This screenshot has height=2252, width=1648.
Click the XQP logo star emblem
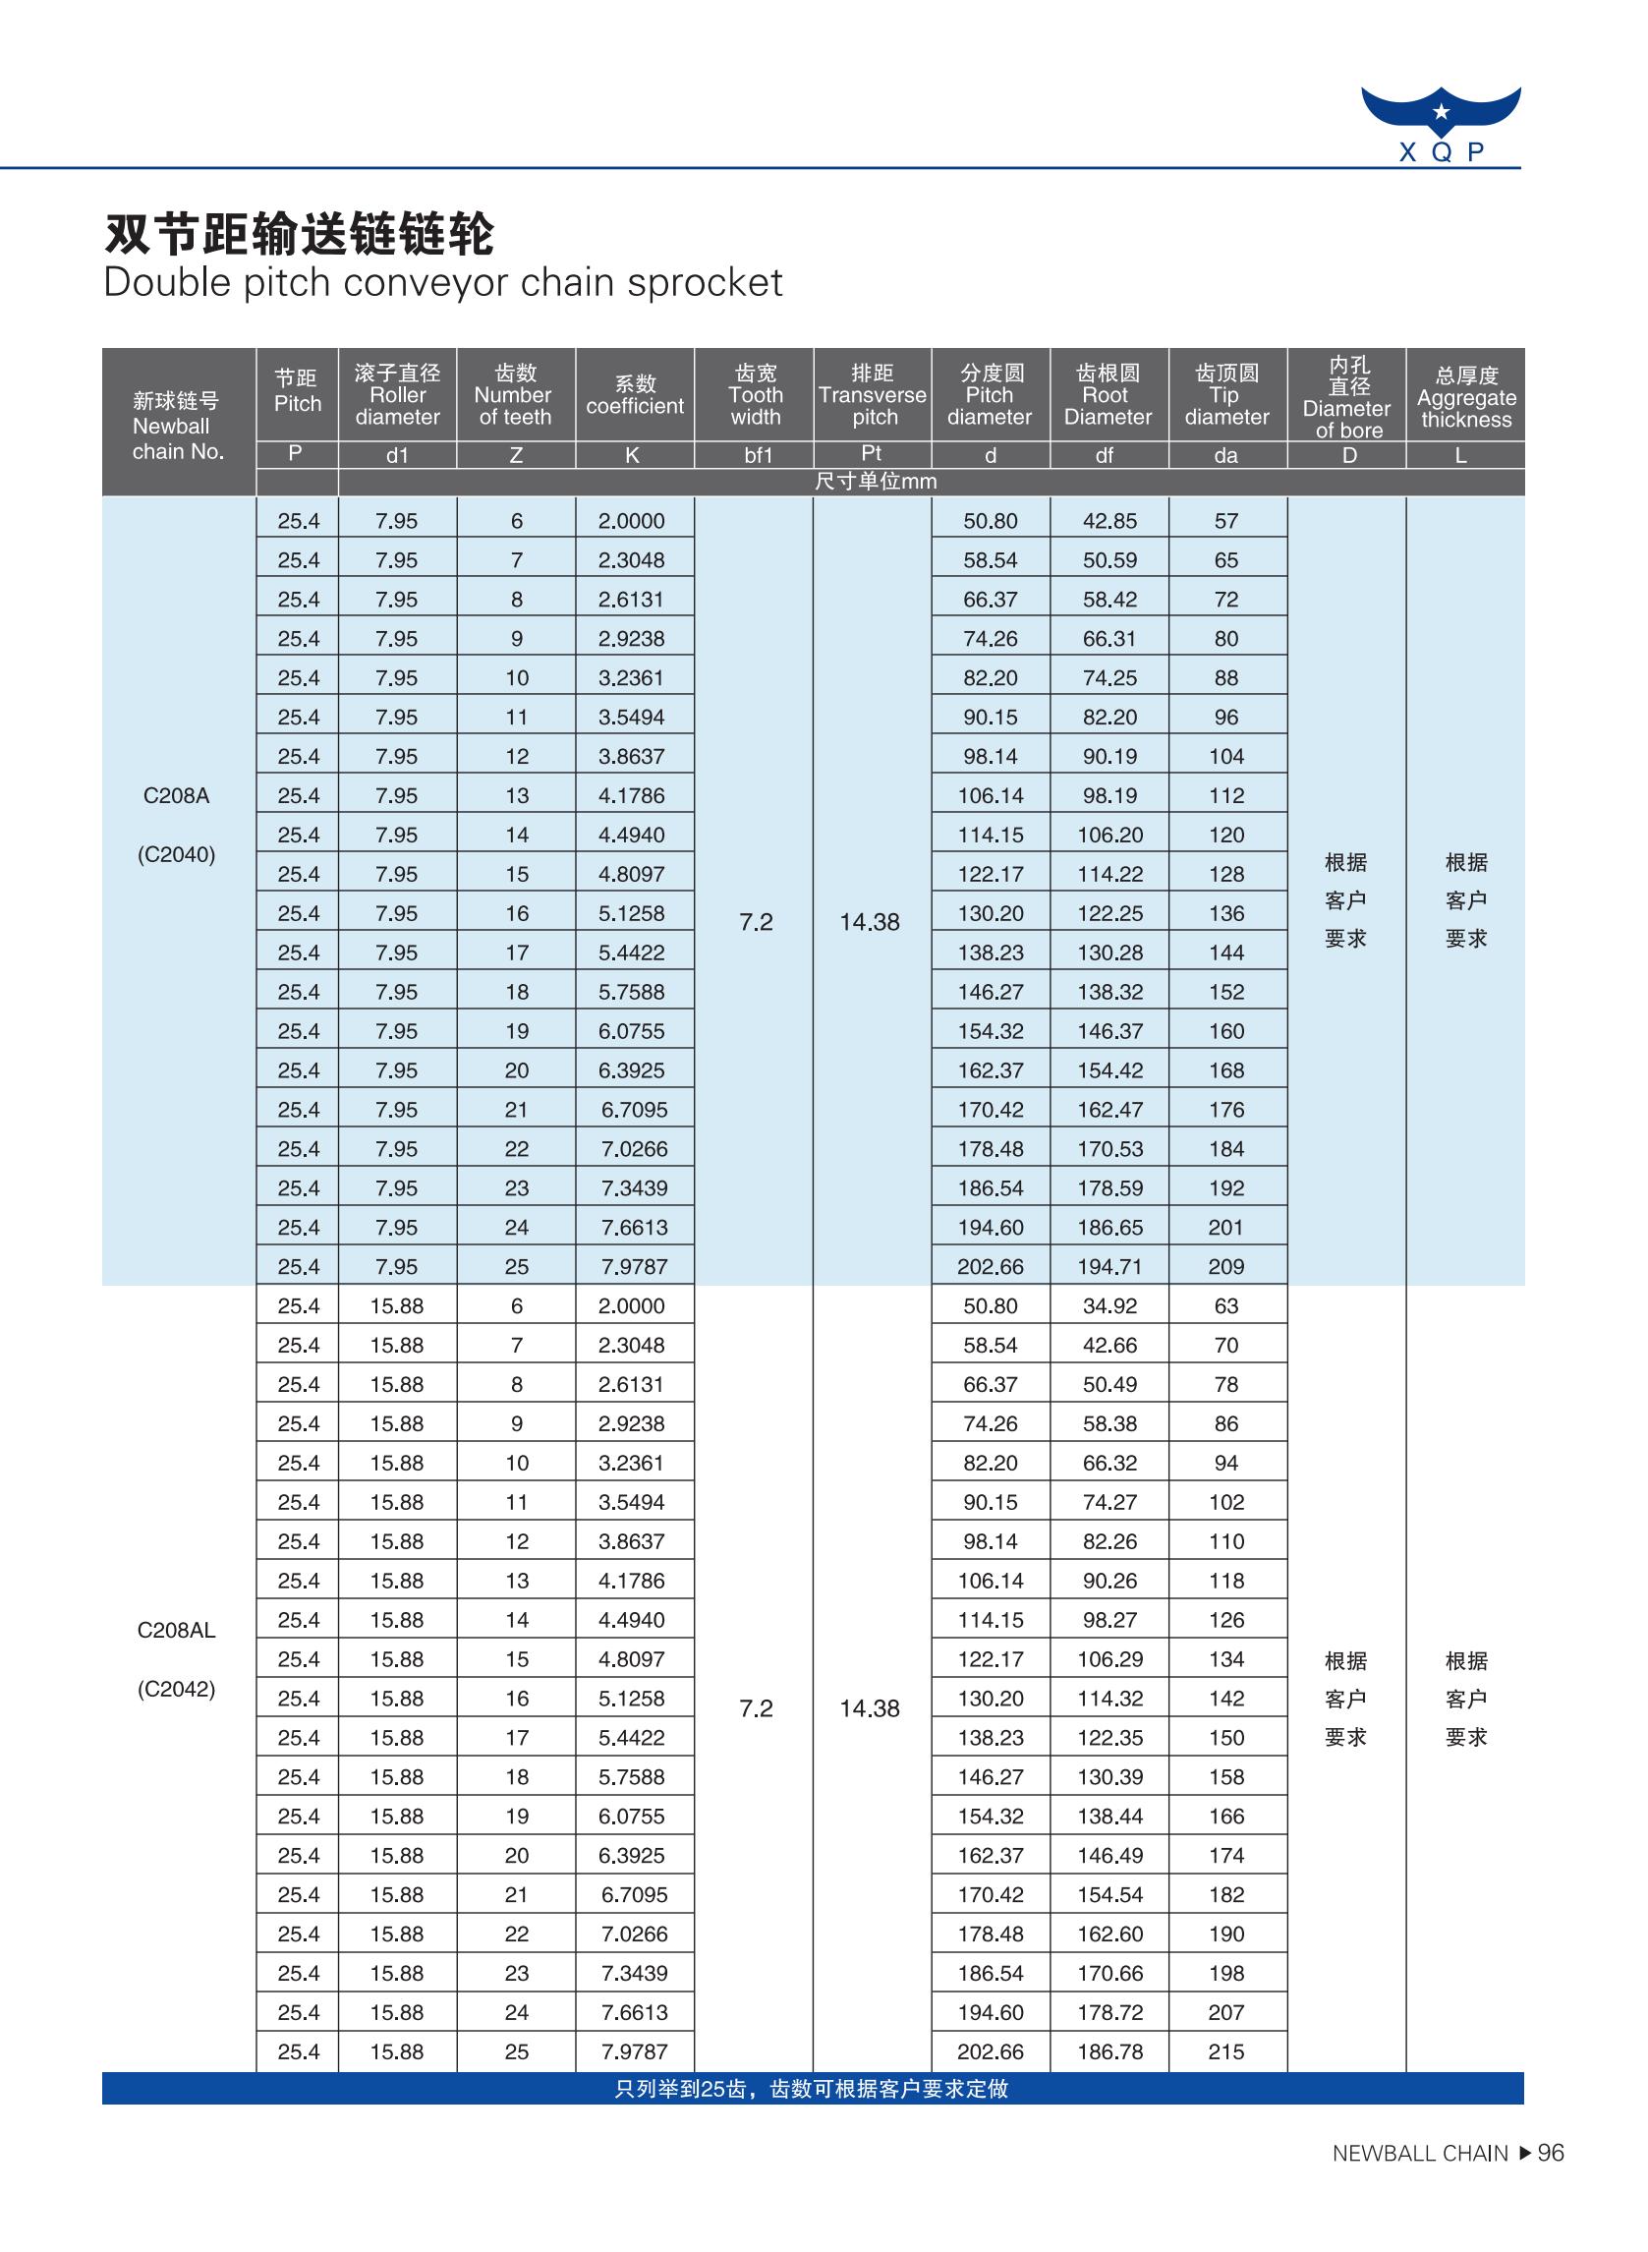tap(1441, 112)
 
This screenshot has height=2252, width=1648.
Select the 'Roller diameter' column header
tap(397, 395)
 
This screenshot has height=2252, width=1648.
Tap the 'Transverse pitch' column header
tap(872, 395)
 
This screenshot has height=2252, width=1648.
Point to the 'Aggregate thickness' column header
tap(1465, 397)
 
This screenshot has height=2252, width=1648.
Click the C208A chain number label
tap(177, 796)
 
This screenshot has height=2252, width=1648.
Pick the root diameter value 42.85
tap(1109, 521)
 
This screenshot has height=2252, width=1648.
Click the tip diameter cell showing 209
tap(1226, 1267)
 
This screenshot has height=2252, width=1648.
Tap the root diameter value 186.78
tap(1109, 2051)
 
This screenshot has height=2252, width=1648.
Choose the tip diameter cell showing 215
tap(1226, 2051)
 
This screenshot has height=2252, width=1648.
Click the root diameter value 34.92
tap(1109, 1306)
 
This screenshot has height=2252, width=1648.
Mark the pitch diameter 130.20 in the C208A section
tap(991, 914)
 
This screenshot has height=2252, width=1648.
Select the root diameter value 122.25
tap(1109, 914)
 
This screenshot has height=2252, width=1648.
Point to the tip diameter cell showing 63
tap(1226, 1306)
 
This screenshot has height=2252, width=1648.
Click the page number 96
tap(1552, 2154)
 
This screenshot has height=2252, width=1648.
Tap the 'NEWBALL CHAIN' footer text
tap(1420, 2155)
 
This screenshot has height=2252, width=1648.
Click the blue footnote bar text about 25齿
tap(811, 2090)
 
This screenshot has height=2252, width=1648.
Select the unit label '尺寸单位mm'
tap(875, 482)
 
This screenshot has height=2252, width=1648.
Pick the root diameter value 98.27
tap(1109, 1619)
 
